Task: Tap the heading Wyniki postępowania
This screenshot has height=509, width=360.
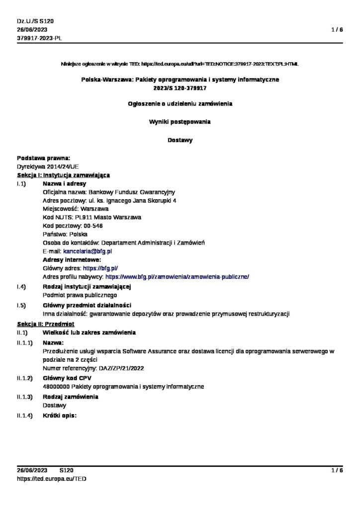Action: point(180,121)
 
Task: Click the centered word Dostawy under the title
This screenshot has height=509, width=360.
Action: point(180,140)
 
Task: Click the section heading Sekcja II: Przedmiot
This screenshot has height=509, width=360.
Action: point(45,324)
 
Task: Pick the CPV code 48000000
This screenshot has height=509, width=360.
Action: point(57,386)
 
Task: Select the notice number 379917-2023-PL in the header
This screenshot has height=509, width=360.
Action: point(39,38)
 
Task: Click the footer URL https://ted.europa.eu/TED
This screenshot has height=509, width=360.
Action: point(52,478)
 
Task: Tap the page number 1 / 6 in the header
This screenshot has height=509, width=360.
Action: point(337,30)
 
